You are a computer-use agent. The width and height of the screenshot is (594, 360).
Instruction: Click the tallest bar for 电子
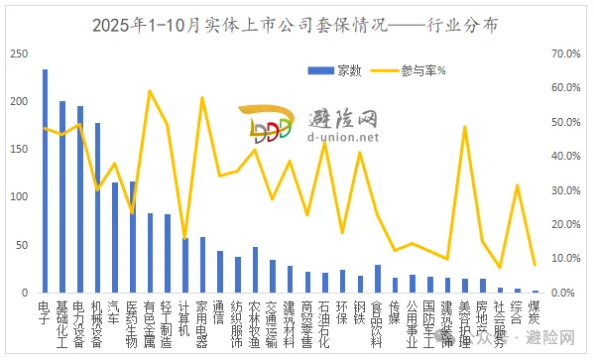click(45, 181)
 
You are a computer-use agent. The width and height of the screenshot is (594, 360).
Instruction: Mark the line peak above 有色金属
click(150, 91)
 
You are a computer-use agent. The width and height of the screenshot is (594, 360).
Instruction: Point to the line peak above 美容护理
click(465, 127)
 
